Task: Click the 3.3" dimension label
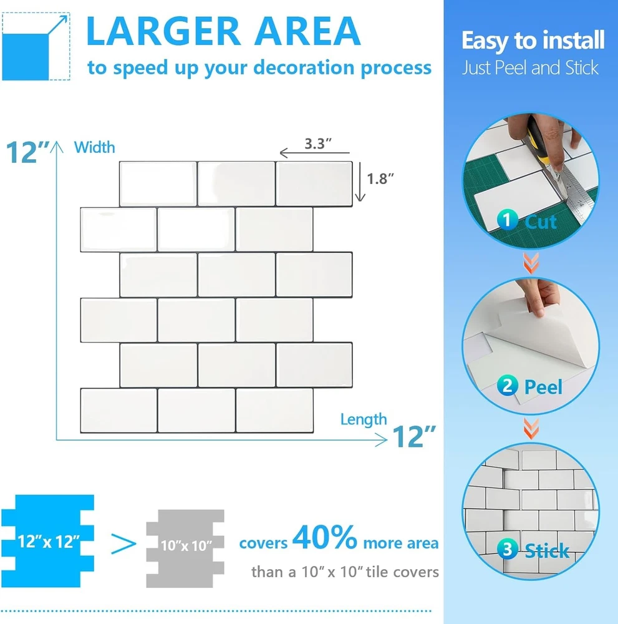pos(318,144)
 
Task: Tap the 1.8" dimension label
pos(380,179)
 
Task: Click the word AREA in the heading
pos(307,31)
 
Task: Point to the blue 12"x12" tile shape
pos(48,541)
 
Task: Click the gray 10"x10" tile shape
pos(185,548)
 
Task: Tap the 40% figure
pos(324,537)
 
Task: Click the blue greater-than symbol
pos(123,544)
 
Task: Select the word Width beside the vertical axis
pos(94,148)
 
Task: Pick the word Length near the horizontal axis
pos(364,420)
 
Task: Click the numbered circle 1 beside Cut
pos(507,220)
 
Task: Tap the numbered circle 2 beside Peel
pos(507,385)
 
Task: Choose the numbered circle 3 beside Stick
pos(507,549)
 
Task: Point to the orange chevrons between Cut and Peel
pos(531,263)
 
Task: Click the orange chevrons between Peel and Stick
pos(531,428)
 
